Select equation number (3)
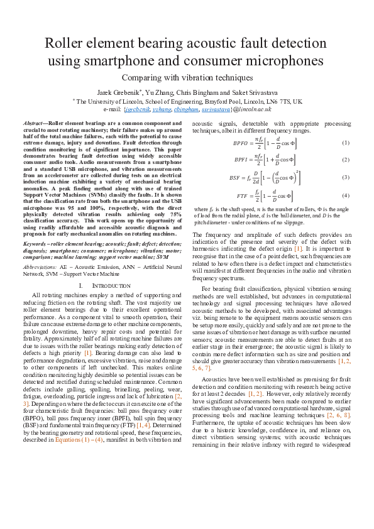[345, 177]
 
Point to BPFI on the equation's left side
[241, 160]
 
